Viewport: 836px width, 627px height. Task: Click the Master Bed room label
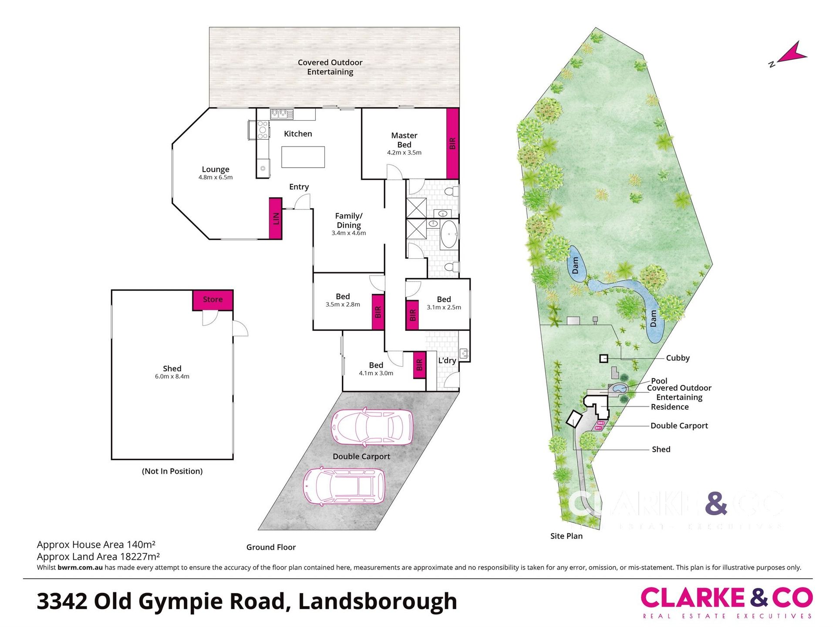[404, 140]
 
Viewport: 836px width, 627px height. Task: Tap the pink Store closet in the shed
[213, 300]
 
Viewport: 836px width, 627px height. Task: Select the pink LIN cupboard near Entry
[275, 218]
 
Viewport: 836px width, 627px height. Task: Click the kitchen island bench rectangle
[303, 157]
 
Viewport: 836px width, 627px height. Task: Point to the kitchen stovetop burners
[263, 130]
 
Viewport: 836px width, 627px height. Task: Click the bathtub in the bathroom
[448, 234]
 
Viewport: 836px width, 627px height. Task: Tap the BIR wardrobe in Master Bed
[452, 143]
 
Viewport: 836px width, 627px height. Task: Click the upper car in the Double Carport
[372, 427]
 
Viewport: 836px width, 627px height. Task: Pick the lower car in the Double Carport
[344, 486]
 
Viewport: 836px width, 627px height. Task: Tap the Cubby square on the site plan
[603, 358]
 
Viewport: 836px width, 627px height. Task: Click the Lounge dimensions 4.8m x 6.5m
[216, 177]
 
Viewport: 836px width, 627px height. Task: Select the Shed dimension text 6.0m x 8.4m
[172, 376]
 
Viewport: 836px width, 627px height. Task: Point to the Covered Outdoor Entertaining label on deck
[330, 67]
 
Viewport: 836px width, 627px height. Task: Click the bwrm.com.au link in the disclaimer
[80, 567]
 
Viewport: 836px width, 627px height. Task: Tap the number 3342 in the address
[62, 601]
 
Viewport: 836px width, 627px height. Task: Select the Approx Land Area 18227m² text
[98, 556]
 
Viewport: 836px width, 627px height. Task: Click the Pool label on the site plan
[659, 381]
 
